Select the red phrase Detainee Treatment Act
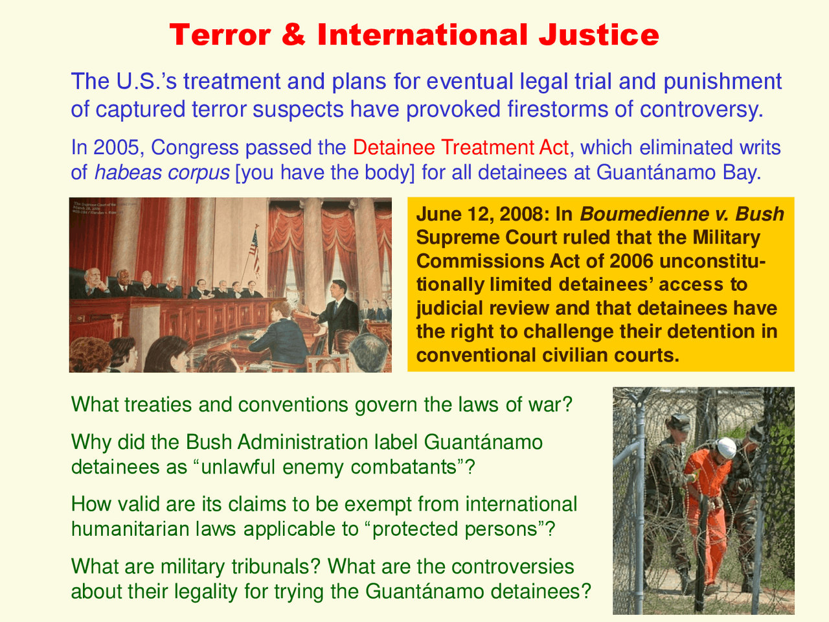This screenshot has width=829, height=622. click(x=461, y=148)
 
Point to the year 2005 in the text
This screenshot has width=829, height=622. click(x=118, y=148)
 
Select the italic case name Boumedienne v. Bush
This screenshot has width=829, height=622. click(x=682, y=214)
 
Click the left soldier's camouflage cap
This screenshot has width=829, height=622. click(x=676, y=421)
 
